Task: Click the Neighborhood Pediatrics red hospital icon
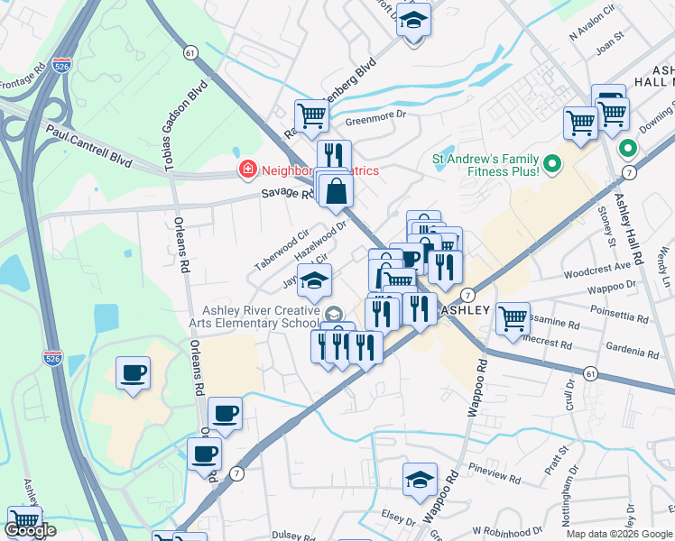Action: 245,169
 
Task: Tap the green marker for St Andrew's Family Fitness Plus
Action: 554,164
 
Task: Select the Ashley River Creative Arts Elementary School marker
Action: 334,314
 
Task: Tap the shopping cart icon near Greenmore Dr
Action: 311,115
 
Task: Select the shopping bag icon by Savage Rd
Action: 336,189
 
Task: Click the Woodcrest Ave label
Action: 596,268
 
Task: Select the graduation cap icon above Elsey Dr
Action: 420,480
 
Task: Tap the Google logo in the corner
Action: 30,530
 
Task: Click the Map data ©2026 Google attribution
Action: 619,534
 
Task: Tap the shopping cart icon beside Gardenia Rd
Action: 513,317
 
